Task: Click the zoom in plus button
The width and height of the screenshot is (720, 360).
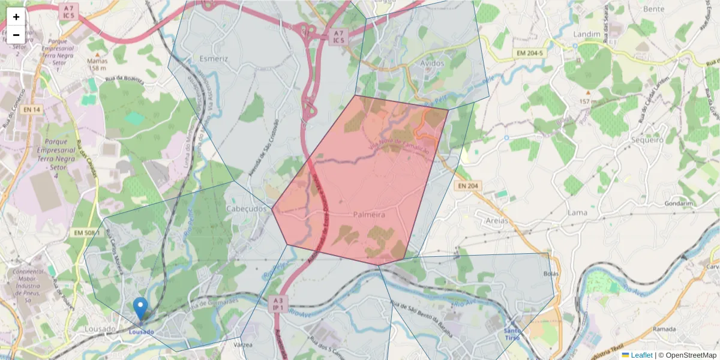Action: (16, 17)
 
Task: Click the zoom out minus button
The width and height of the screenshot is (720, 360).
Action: (16, 35)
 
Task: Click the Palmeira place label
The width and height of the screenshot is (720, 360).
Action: (369, 214)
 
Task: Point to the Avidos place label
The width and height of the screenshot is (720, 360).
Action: (432, 63)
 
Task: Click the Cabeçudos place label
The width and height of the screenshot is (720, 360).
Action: (246, 208)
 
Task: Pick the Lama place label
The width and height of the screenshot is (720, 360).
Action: (577, 212)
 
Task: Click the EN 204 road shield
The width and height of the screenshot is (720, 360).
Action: (468, 186)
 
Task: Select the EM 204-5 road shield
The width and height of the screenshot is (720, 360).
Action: (529, 54)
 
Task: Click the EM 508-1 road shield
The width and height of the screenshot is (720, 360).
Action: (86, 232)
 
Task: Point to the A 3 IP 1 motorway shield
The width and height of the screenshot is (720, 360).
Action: (277, 303)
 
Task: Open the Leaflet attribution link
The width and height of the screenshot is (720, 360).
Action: (641, 355)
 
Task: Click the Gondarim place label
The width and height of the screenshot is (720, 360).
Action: (679, 203)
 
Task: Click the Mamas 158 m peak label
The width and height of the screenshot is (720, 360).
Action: (97, 64)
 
